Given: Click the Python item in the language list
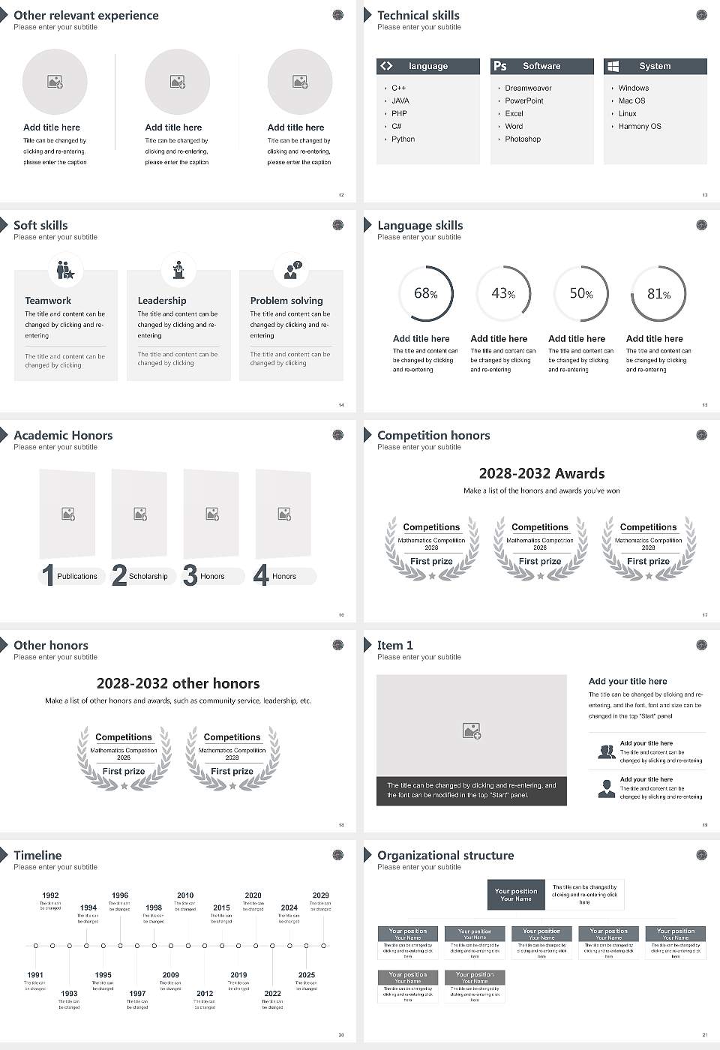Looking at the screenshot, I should tap(403, 139).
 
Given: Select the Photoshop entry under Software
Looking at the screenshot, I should tap(523, 139).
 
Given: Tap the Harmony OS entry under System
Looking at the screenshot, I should tap(640, 127).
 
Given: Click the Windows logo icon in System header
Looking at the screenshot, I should tap(613, 66).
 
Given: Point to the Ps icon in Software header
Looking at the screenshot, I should tap(500, 66).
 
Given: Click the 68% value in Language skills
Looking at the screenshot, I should tap(425, 293).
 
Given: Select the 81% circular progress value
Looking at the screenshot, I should tap(658, 294).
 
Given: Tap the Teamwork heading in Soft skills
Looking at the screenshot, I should tap(48, 301).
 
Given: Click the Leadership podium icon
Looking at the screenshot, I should tap(178, 270).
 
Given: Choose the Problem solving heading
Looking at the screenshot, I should tap(286, 301).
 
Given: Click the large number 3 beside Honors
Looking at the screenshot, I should tap(190, 575).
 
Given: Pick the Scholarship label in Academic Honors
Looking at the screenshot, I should tap(148, 577).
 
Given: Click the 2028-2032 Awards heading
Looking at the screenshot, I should tap(541, 474).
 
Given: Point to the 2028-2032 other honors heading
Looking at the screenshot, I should tap(178, 684).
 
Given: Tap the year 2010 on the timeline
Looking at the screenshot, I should tap(185, 895).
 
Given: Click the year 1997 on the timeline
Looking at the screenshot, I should tap(137, 994).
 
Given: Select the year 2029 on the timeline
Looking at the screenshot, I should tap(320, 895).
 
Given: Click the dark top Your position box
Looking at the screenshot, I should tap(516, 895).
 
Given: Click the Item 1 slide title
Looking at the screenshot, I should tap(394, 646).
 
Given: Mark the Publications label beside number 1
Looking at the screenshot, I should tap(77, 577).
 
